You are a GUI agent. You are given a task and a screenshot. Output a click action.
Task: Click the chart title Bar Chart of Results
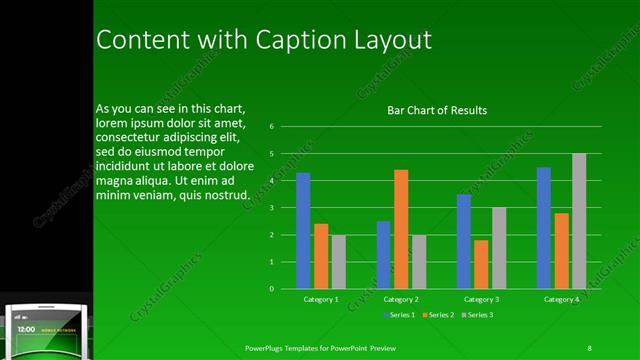437,110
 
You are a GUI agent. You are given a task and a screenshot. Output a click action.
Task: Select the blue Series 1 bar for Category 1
303,230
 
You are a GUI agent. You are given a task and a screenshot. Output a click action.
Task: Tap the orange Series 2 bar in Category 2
401,229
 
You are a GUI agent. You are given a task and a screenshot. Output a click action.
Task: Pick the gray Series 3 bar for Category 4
579,221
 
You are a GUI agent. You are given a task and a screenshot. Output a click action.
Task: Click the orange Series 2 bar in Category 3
481,264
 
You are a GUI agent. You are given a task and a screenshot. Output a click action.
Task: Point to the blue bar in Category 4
543,227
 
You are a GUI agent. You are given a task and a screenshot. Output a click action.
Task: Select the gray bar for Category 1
339,261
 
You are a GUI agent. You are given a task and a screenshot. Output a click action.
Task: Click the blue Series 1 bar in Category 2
383,254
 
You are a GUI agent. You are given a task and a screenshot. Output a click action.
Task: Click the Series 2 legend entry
439,315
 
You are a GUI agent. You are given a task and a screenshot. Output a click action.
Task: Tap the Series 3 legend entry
479,315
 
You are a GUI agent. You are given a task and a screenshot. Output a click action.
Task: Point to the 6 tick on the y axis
271,127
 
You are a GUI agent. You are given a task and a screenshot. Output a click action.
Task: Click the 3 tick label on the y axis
271,208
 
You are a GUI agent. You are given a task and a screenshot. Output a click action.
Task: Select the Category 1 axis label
321,299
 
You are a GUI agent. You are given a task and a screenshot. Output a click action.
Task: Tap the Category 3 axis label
481,299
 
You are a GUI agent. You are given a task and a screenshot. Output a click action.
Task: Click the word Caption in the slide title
280,40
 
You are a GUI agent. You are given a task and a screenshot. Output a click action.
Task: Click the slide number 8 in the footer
589,348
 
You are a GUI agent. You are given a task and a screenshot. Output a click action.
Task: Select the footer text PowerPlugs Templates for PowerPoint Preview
329,348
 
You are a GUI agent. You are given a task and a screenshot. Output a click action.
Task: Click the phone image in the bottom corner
46,328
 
